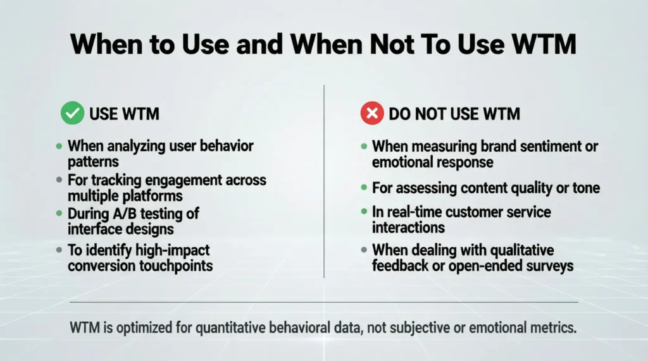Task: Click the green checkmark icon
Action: (72, 114)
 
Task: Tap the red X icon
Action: (371, 114)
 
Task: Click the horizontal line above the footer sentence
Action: (323, 302)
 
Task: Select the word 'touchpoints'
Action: (176, 265)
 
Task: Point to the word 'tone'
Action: (585, 187)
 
